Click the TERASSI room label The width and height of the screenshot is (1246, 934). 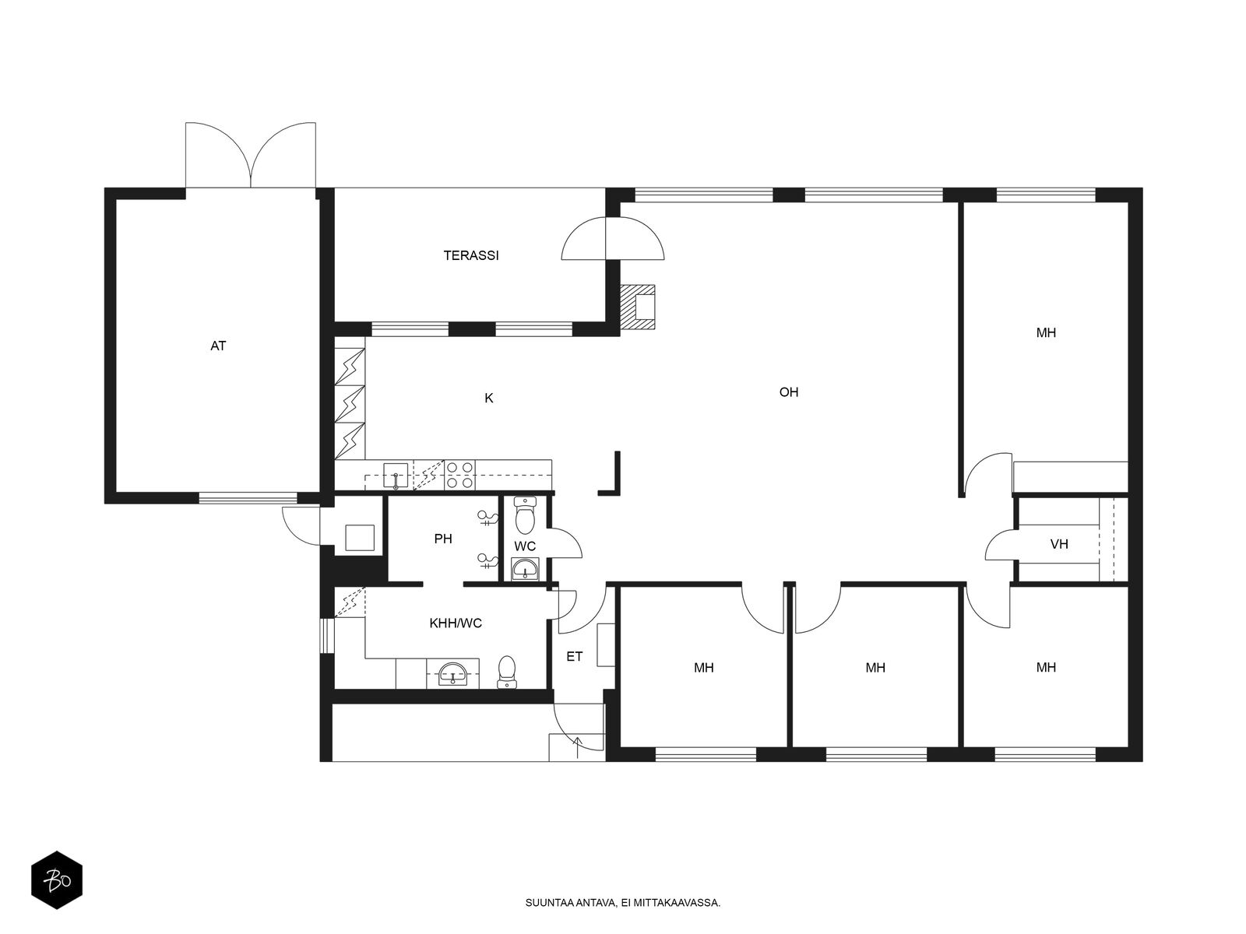point(470,256)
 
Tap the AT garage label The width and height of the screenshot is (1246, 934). point(218,346)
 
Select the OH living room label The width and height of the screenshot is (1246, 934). point(788,392)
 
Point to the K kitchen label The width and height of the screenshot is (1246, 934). point(489,399)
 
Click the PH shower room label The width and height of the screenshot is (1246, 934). point(443,539)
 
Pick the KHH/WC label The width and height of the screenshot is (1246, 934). point(456,623)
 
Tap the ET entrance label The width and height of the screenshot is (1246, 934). point(575,657)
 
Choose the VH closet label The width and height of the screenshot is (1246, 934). point(1059,544)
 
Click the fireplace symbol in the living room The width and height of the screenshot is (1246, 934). point(638,307)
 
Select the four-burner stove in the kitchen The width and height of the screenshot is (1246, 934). point(459,475)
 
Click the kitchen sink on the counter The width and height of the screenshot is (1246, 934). point(396,476)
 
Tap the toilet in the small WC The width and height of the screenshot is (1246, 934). point(525,515)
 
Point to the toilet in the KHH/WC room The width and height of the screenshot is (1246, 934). point(507,672)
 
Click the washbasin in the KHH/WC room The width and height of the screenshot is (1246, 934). point(452,674)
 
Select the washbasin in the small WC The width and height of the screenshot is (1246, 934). point(526,569)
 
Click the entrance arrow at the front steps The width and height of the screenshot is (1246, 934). point(578,747)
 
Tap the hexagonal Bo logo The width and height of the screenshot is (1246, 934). point(57,880)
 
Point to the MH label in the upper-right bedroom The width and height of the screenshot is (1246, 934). point(1046,333)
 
